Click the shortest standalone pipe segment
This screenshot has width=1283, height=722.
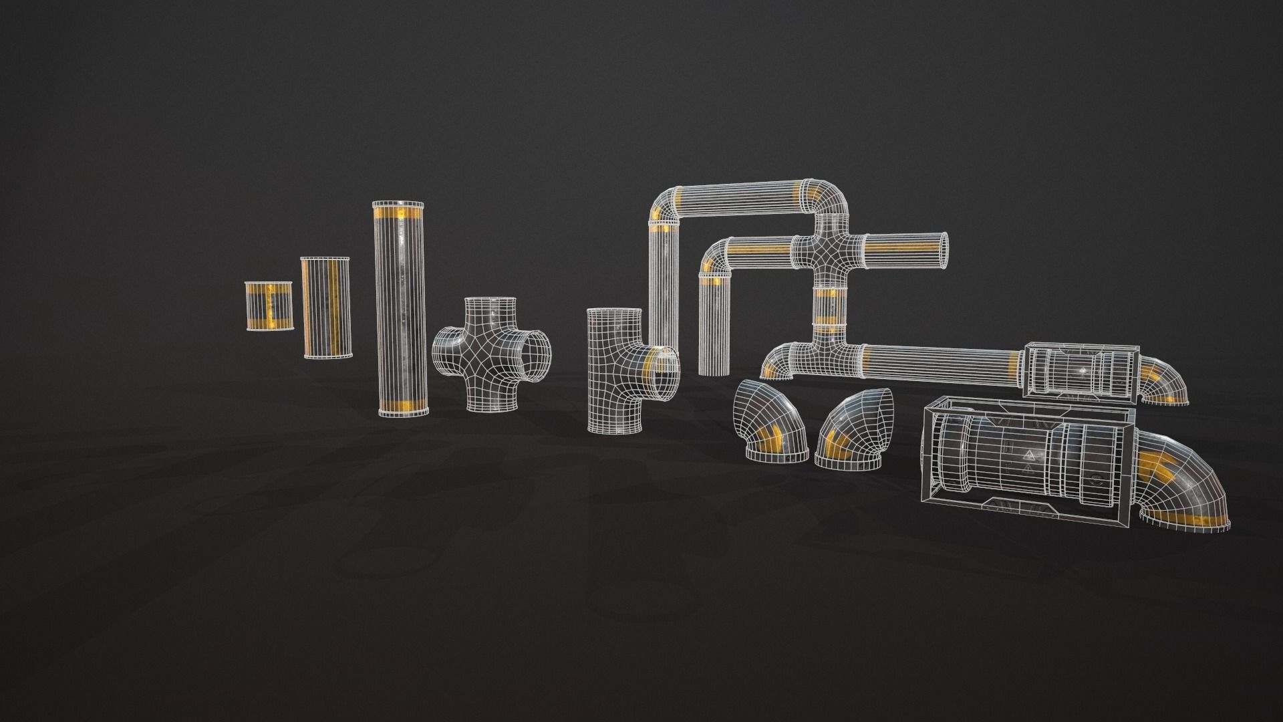point(269,306)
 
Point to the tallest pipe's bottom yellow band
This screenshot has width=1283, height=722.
point(404,405)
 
